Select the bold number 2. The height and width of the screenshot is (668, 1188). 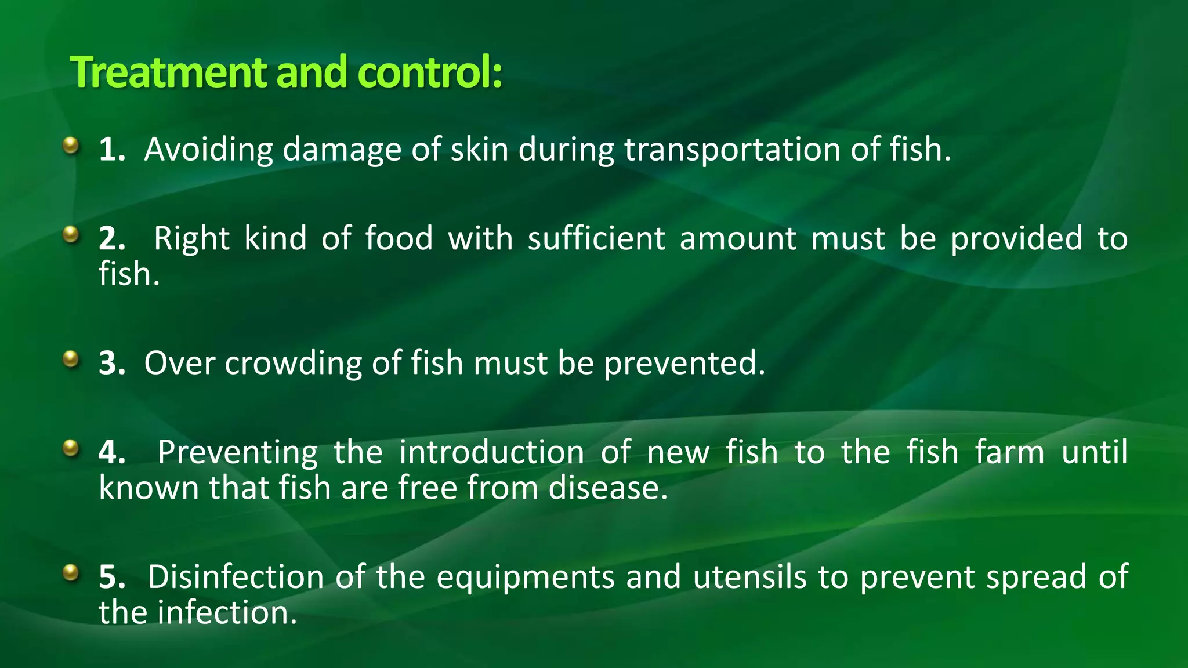tap(111, 238)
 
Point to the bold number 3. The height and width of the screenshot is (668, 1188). tap(111, 363)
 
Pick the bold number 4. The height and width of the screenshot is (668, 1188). tap(111, 452)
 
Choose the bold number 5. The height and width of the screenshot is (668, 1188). tap(111, 577)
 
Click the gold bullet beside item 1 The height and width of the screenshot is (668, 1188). tap(71, 144)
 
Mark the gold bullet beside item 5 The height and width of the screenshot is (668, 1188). tap(71, 572)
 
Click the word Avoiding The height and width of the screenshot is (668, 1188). tap(208, 150)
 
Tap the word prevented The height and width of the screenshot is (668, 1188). tap(684, 364)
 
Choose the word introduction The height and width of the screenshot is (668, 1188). tap(491, 452)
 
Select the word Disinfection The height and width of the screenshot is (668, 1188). tap(236, 577)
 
